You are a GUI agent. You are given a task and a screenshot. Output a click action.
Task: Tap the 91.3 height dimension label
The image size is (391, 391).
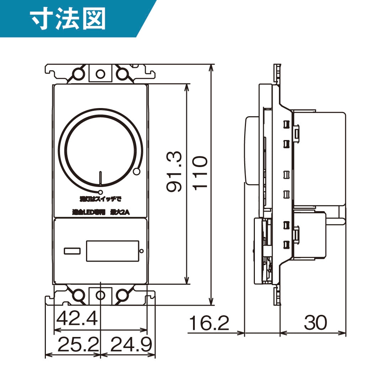[x=175, y=172]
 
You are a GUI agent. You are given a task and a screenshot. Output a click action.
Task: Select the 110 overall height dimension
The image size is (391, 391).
[x=200, y=173]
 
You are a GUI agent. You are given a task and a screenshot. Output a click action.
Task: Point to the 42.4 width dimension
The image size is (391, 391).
[x=77, y=318]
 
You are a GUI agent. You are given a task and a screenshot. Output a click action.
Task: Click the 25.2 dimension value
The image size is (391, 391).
[x=78, y=344]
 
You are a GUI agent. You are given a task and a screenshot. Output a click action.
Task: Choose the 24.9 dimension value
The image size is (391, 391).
[x=131, y=344]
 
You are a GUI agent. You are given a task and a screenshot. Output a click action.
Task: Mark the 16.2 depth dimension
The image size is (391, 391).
[x=209, y=323]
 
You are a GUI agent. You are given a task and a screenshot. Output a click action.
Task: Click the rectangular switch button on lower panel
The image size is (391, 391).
[x=113, y=251]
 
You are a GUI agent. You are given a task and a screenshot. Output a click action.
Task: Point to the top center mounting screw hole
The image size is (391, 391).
[x=101, y=74]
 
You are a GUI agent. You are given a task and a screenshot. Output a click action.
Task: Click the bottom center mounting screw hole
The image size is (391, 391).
[x=101, y=295]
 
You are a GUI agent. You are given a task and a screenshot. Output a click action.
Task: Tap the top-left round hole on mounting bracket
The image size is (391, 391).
[x=78, y=74]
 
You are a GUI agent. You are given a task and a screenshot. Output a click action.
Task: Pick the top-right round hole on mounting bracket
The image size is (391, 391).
[x=122, y=74]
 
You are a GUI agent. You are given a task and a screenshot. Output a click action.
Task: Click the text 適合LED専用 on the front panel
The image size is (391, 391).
[x=89, y=212]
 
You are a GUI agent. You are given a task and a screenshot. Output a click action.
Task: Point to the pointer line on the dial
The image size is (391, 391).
[x=101, y=178]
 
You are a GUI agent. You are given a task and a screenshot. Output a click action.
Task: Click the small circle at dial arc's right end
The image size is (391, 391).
[x=136, y=172]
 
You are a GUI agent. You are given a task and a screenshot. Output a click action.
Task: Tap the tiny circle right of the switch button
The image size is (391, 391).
[x=141, y=251]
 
